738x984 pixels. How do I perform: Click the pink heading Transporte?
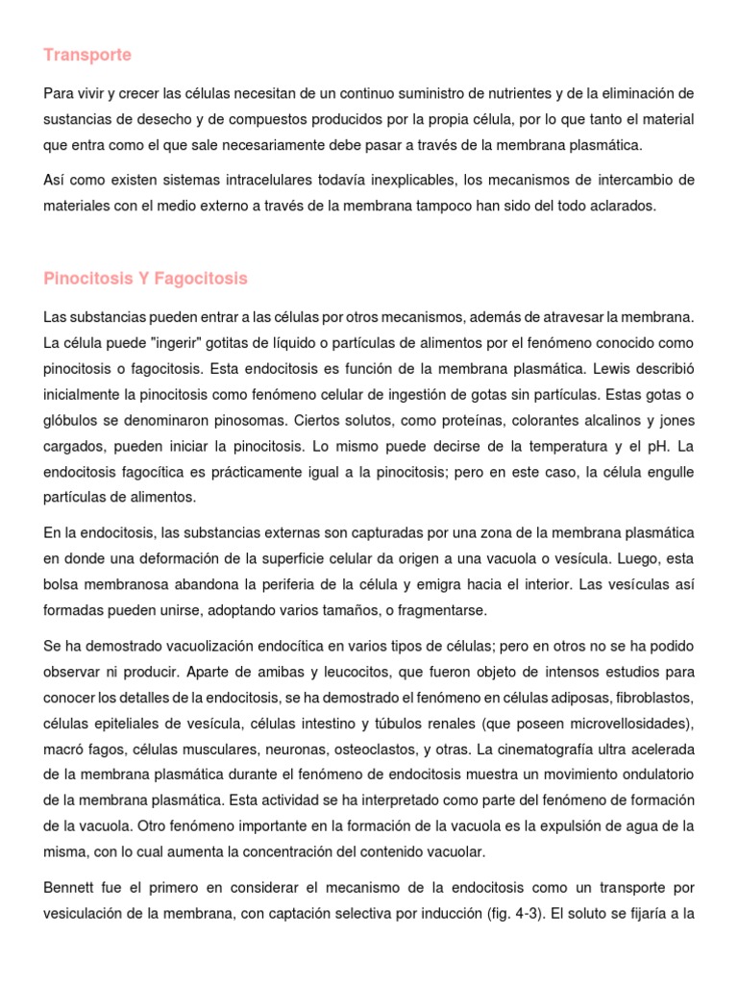pyautogui.click(x=87, y=56)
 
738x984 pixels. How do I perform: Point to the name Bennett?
pyautogui.click(x=70, y=888)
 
